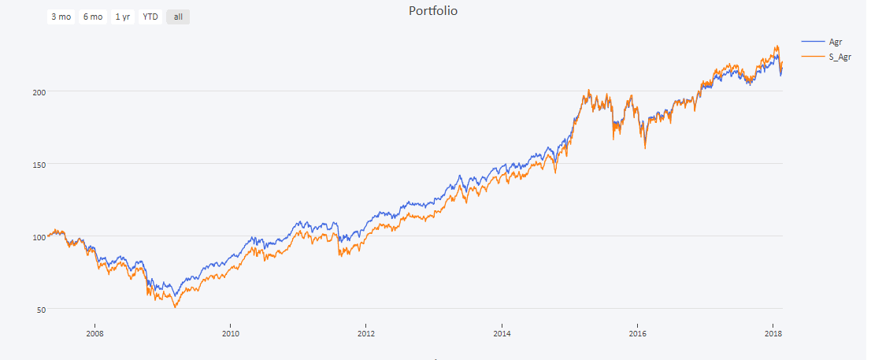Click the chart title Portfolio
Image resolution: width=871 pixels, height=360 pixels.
pyautogui.click(x=433, y=11)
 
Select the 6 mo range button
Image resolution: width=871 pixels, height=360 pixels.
pyautogui.click(x=93, y=17)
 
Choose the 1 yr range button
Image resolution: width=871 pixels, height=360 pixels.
pyautogui.click(x=123, y=17)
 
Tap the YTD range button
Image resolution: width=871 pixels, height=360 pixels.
pyautogui.click(x=150, y=17)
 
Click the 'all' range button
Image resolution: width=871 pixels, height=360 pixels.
pyautogui.click(x=178, y=17)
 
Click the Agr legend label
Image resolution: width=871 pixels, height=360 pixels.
pyautogui.click(x=836, y=41)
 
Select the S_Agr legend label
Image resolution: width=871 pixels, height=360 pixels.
pyautogui.click(x=840, y=57)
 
